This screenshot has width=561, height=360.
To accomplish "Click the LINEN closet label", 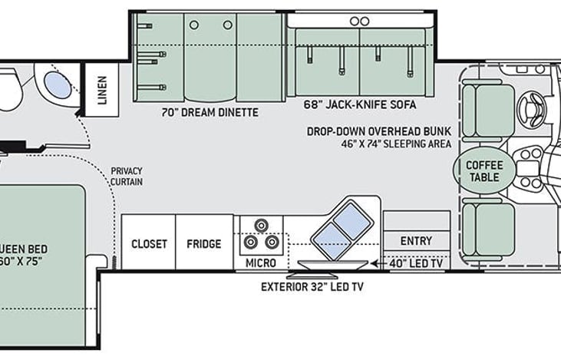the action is click(x=102, y=90).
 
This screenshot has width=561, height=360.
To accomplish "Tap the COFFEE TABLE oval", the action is click(x=484, y=170).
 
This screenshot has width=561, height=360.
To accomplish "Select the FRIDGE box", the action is click(x=204, y=243).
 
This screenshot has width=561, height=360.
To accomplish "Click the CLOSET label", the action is click(x=149, y=244).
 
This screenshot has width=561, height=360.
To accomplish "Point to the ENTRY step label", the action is click(x=416, y=241).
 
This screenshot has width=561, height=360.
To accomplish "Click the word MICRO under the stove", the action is click(x=260, y=263).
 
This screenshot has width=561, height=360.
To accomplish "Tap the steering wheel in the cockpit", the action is click(x=533, y=107).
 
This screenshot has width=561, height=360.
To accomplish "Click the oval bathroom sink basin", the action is click(x=58, y=84).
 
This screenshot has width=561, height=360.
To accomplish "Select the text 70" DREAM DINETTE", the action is click(x=210, y=112).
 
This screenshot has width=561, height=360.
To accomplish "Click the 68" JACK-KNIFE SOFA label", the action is click(x=360, y=104).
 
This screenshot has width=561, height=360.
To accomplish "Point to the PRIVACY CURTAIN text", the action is click(x=127, y=176).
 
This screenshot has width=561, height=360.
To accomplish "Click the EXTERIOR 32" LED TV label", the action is click(x=312, y=286).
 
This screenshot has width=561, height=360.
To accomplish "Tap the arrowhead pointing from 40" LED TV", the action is click(x=375, y=264).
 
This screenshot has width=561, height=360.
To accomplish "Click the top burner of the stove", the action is click(x=262, y=226).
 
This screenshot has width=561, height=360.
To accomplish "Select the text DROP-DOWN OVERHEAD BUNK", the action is click(x=379, y=131).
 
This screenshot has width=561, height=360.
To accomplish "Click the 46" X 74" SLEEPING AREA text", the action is click(x=396, y=144).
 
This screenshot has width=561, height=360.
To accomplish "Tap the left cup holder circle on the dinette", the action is click(x=194, y=25).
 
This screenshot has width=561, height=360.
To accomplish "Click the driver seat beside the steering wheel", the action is click(x=489, y=111).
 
